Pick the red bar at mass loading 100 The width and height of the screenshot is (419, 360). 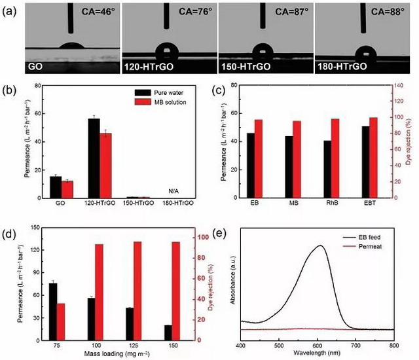[100, 292]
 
